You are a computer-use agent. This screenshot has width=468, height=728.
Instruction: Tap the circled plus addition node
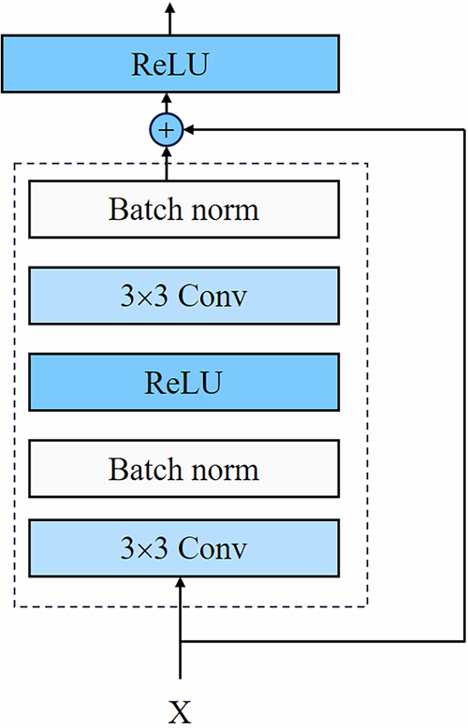(x=167, y=131)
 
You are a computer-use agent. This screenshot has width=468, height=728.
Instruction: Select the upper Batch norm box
(x=183, y=209)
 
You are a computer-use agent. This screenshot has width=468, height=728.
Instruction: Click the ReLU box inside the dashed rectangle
(x=183, y=382)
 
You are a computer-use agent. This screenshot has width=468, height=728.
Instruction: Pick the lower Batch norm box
(x=183, y=468)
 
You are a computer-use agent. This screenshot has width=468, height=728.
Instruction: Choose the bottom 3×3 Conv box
(x=183, y=547)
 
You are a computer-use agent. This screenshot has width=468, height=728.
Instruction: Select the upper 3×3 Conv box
(x=183, y=295)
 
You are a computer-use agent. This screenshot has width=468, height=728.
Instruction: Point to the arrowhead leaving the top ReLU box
(x=169, y=8)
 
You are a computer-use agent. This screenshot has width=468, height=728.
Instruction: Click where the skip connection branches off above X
(x=180, y=642)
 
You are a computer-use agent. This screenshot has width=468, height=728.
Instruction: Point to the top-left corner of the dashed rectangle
(x=14, y=164)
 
